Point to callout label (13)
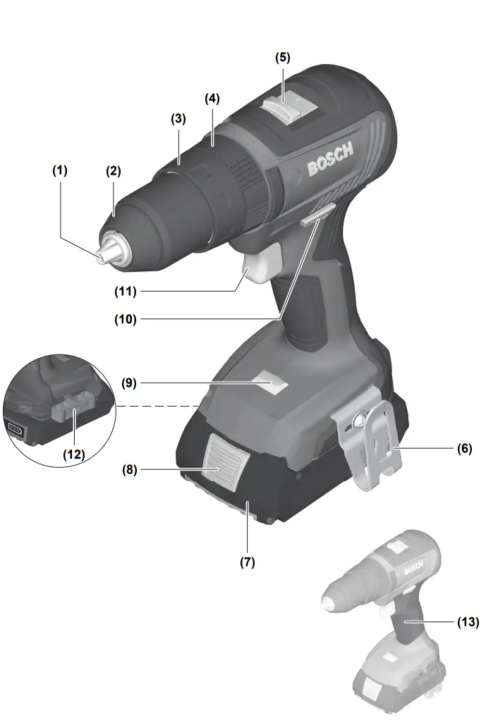click(x=467, y=622)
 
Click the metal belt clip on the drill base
click(x=369, y=445)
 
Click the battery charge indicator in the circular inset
click(x=15, y=428)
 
